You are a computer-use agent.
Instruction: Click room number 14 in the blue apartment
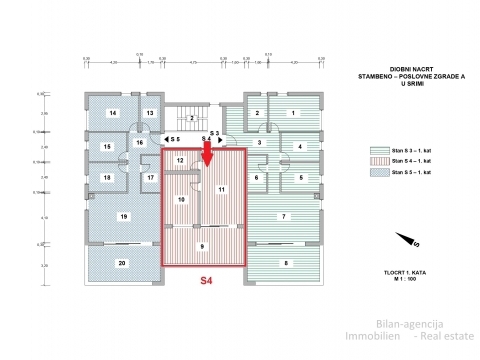113,114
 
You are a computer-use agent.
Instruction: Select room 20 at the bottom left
122,263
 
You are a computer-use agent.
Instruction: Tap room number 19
122,216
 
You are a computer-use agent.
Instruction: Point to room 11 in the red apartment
221,188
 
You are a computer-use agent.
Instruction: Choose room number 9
202,246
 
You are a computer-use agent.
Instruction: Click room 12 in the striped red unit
180,160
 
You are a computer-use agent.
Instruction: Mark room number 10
181,200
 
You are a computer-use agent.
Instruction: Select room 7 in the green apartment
284,216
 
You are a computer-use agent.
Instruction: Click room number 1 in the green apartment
293,114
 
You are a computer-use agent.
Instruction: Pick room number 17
150,178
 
